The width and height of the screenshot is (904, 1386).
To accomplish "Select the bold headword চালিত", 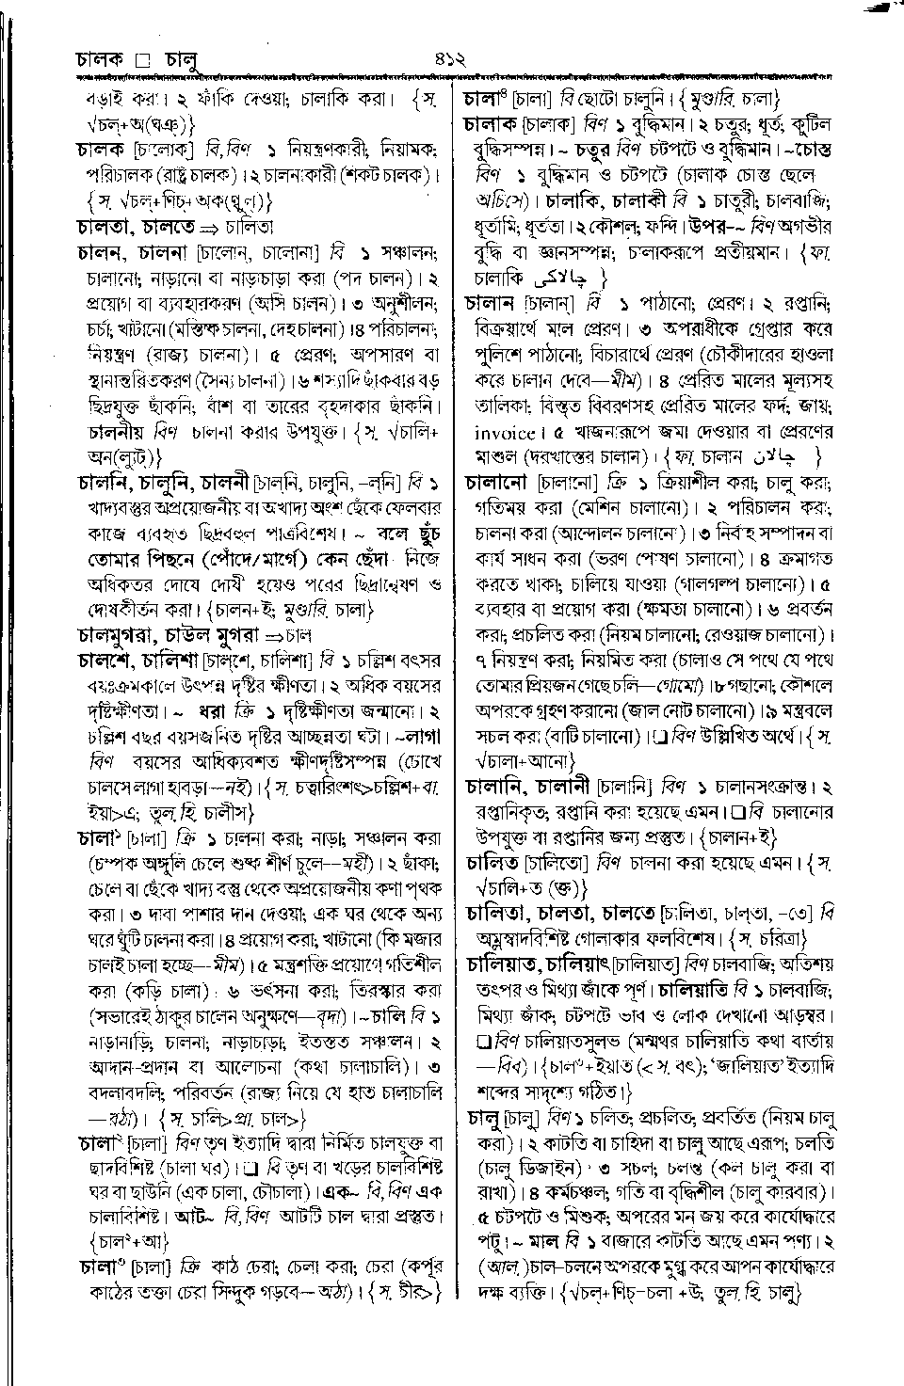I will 493,862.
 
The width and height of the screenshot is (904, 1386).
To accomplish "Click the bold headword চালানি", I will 499,785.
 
